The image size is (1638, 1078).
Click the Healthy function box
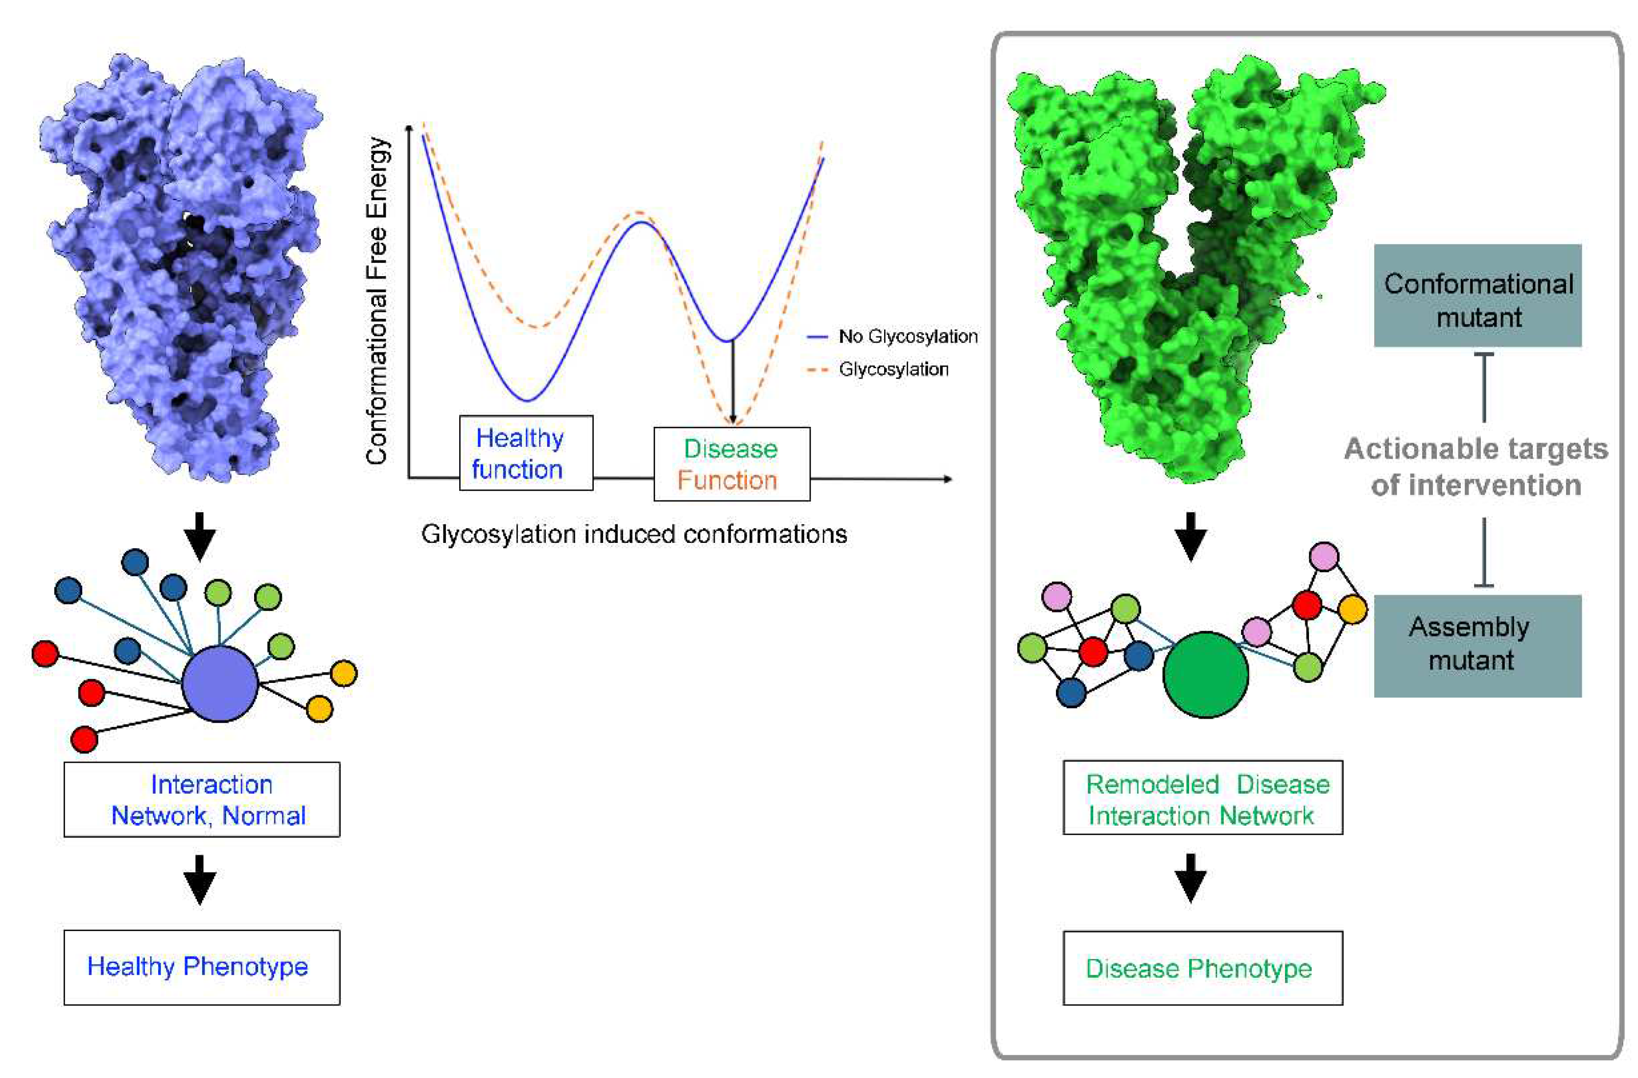click(526, 453)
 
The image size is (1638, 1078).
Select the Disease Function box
click(731, 464)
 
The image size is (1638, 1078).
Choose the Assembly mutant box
click(1477, 646)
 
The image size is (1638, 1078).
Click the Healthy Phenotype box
click(202, 967)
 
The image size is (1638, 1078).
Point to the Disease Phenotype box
click(1202, 968)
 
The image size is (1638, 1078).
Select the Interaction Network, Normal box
click(202, 799)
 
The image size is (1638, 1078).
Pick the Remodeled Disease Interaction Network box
click(1202, 798)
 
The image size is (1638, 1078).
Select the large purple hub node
click(219, 683)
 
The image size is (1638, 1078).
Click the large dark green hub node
click(1205, 675)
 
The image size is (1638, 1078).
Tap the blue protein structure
click(183, 268)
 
